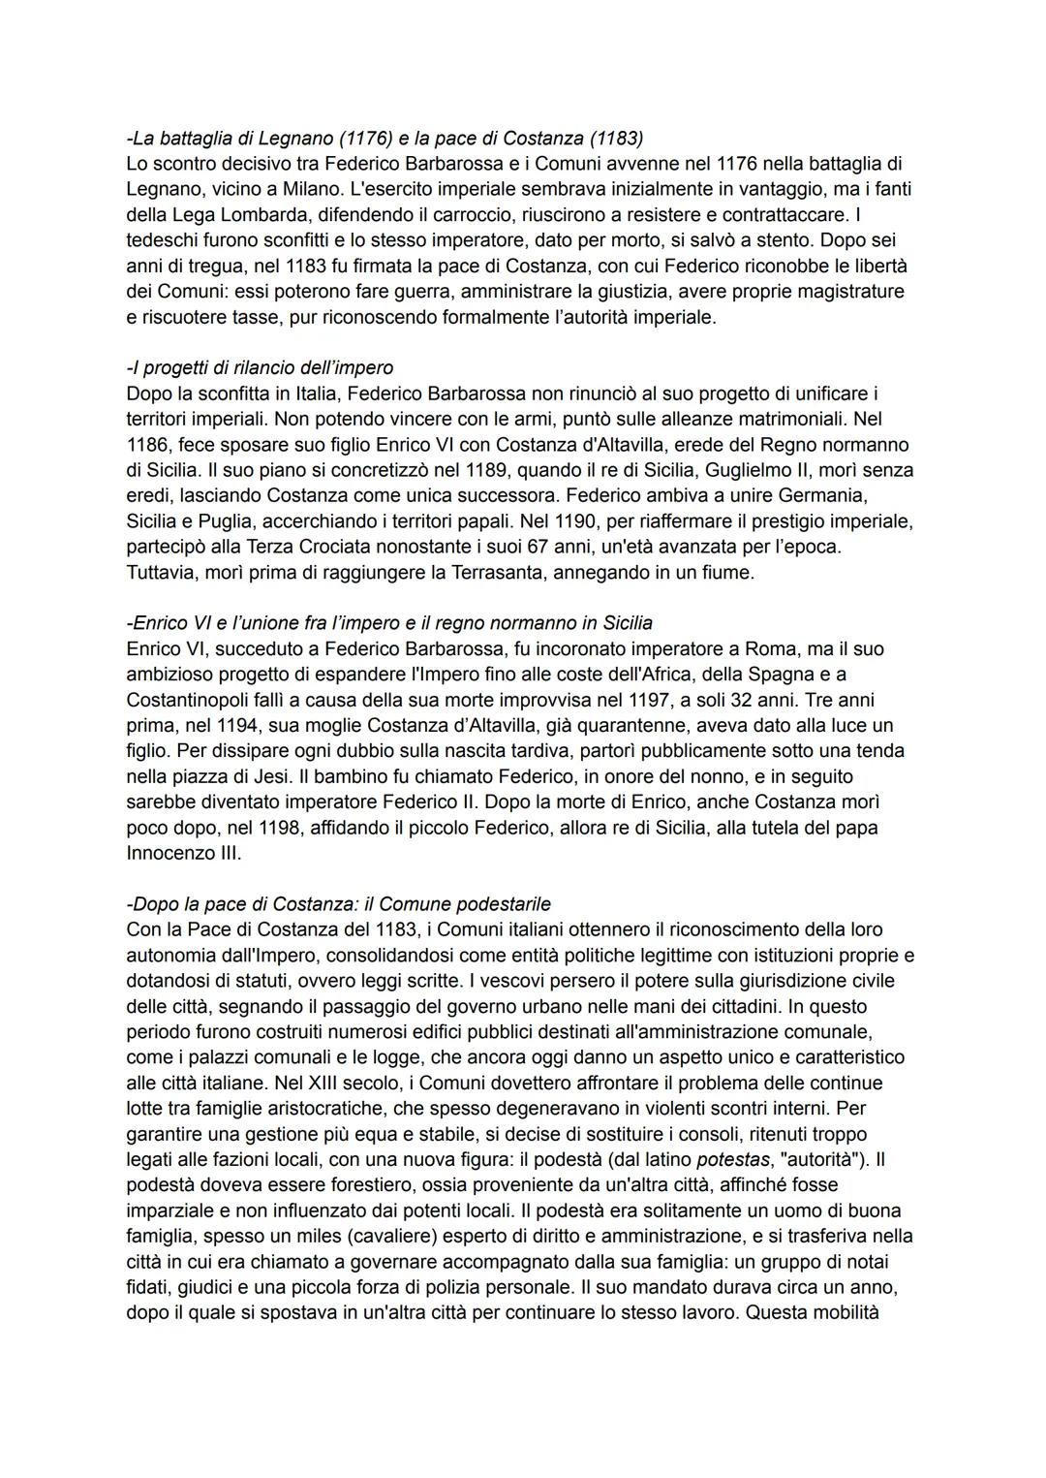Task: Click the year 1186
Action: (x=146, y=445)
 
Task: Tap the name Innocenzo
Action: (x=169, y=853)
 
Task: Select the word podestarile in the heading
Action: (x=500, y=904)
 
